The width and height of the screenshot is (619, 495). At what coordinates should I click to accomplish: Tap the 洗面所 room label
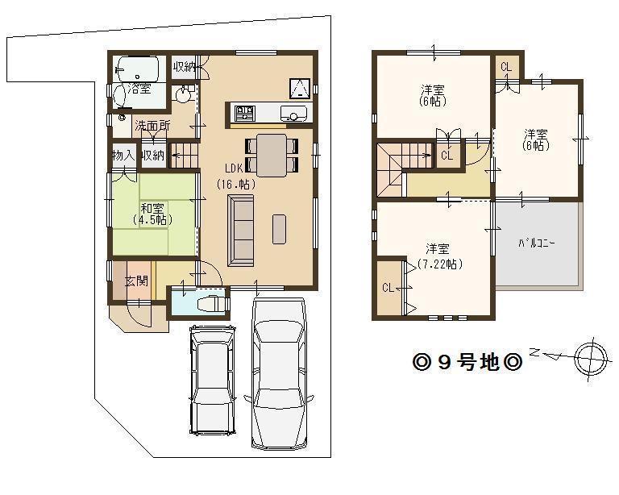point(152,125)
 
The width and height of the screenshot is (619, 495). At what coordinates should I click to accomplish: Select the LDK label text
point(235,168)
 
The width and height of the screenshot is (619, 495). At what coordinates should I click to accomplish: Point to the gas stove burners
point(245,111)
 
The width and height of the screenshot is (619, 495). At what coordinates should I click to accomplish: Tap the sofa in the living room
point(241,231)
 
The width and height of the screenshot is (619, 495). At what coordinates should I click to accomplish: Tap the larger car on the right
point(279,373)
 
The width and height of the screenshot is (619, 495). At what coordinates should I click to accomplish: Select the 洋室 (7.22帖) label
point(438,256)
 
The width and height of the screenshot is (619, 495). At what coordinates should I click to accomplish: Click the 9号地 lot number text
point(467,362)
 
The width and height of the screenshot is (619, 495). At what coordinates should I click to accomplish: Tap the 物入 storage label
point(123,155)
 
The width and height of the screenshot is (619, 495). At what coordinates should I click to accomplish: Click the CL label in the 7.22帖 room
point(388,287)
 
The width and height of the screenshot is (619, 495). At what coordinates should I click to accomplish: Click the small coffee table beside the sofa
point(279,228)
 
